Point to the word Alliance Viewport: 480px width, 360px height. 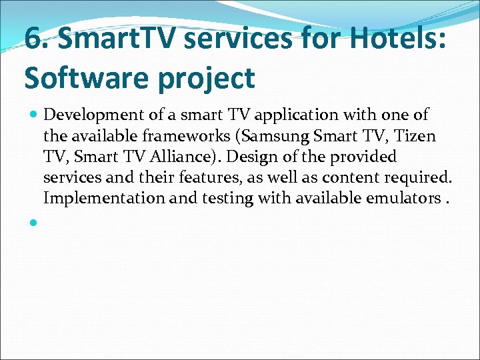point(179,157)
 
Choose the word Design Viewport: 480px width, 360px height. point(267,157)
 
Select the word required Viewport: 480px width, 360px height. point(424,177)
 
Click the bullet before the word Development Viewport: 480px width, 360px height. point(34,115)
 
